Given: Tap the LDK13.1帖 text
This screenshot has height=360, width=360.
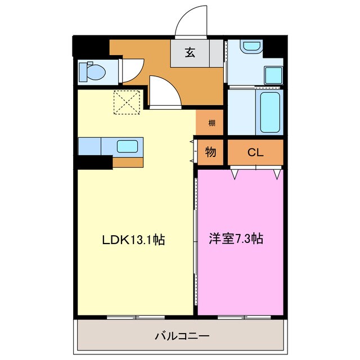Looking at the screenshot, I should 133,239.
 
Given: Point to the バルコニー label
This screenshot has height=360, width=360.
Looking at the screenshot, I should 182,336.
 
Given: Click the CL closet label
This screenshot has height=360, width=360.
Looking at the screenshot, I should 255,152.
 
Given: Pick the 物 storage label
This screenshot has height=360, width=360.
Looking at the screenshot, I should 210,152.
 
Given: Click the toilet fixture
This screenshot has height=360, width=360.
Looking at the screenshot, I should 92,71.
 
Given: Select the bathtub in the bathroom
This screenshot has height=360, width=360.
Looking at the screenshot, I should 269,112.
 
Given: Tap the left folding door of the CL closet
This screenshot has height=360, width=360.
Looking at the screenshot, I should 236,173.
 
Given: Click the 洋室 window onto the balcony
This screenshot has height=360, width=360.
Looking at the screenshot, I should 241,318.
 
